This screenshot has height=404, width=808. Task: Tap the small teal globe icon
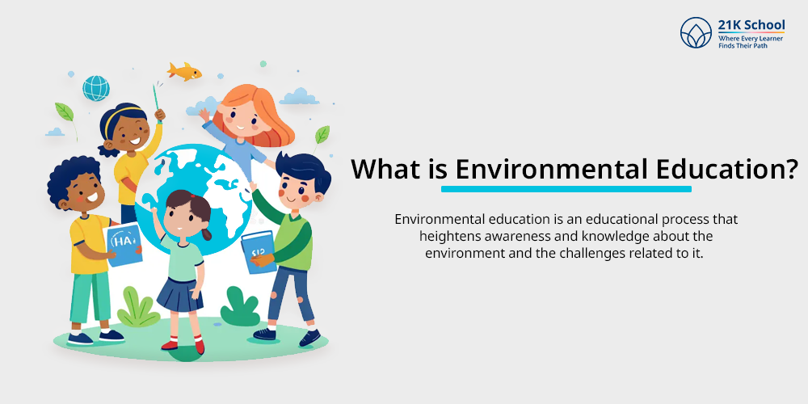pos(96,88)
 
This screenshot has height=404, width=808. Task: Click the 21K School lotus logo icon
pos(696,32)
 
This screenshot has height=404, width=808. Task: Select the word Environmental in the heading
pos(551,169)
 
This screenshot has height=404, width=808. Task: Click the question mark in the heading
pos(792,169)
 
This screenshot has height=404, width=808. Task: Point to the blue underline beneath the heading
pos(566,189)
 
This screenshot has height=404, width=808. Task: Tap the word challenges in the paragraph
pos(595,254)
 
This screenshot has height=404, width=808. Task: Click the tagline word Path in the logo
pos(760,45)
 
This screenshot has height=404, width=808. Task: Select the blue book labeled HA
pos(124,245)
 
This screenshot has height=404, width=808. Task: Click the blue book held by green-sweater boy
pos(259,251)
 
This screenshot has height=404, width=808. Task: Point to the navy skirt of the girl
pos(180,295)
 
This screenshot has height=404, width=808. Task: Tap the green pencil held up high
pos(156,103)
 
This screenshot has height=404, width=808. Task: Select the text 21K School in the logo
pos(751,25)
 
